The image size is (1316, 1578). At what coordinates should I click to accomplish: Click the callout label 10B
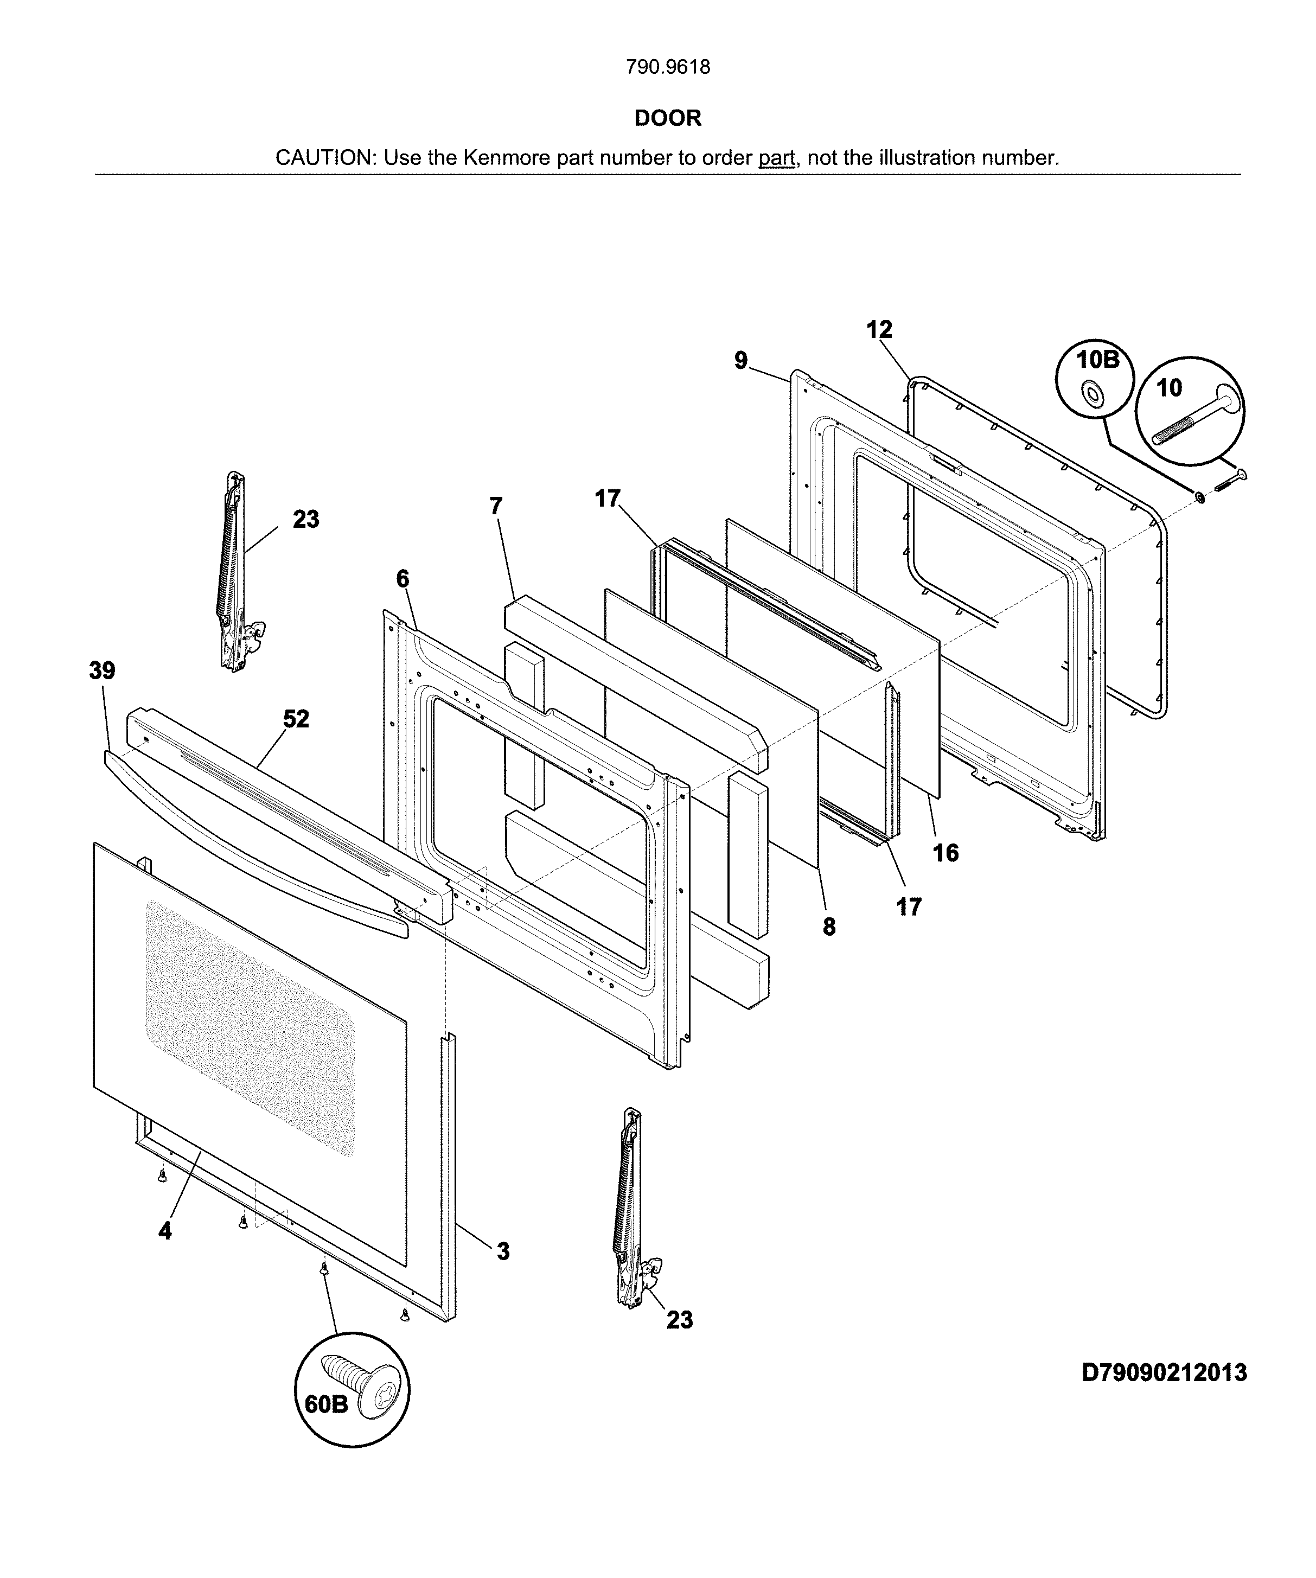1097,360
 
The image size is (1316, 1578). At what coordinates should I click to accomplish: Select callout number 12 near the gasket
879,329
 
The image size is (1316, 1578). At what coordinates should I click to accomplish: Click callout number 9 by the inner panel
741,361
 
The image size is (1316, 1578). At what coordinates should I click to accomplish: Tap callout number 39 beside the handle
102,670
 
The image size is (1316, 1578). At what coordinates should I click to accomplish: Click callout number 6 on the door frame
403,579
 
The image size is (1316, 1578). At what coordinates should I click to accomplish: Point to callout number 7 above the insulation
495,507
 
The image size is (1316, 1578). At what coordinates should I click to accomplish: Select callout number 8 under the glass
828,927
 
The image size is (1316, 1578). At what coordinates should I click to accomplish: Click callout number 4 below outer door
164,1231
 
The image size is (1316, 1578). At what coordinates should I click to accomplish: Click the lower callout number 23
679,1320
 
